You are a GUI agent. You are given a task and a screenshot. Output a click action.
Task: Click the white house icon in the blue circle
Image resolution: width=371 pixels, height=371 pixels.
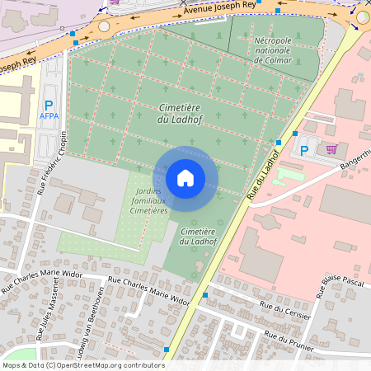coord(185,177)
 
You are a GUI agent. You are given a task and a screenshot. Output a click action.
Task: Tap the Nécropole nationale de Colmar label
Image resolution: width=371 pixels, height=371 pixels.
coord(273,51)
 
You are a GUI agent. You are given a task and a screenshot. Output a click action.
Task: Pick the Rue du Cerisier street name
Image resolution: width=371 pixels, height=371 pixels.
coord(284,309)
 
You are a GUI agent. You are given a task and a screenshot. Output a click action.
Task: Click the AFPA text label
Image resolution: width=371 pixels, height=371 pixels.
coord(48,116)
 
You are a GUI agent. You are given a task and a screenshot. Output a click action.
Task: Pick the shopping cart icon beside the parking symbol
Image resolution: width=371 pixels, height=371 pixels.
coord(331,149)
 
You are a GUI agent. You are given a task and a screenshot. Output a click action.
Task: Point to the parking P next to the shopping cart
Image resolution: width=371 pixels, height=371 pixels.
coord(303,151)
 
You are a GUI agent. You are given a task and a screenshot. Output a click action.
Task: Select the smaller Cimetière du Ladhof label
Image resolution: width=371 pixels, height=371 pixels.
coord(198,237)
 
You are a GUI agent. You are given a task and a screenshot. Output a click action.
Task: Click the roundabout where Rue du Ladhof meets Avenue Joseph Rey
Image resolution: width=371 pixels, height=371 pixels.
coord(362,17)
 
